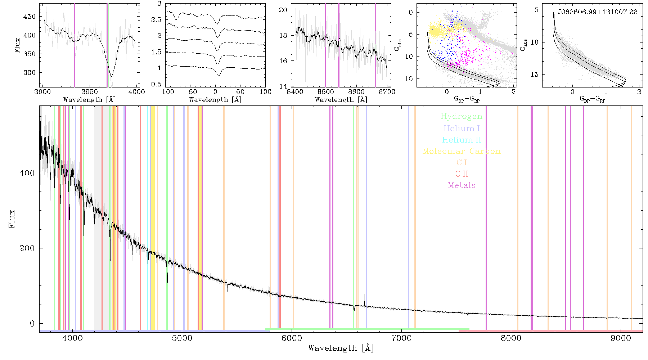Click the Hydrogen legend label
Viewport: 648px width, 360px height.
click(x=461, y=116)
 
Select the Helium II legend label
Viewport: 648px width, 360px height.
click(x=461, y=140)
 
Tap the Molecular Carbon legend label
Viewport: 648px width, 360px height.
click(x=461, y=151)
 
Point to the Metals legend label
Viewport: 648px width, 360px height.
click(x=462, y=185)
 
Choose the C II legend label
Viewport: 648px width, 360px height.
click(x=462, y=174)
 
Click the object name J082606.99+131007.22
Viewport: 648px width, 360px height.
click(x=598, y=12)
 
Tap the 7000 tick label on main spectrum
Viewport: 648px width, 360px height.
click(x=401, y=338)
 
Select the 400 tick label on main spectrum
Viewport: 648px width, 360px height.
click(x=27, y=173)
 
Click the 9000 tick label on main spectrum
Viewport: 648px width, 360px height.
click(x=621, y=338)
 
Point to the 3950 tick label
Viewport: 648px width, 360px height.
click(x=89, y=92)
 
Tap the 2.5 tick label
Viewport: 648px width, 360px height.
click(x=156, y=20)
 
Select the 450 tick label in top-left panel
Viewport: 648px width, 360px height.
click(x=30, y=17)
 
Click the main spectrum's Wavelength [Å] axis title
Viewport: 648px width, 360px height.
click(x=341, y=348)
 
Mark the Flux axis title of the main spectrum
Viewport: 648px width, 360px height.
click(x=12, y=219)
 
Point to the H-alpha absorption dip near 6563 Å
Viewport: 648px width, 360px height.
click(x=354, y=308)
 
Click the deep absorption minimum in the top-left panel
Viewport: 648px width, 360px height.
click(x=112, y=76)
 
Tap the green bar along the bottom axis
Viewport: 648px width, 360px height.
click(x=367, y=329)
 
